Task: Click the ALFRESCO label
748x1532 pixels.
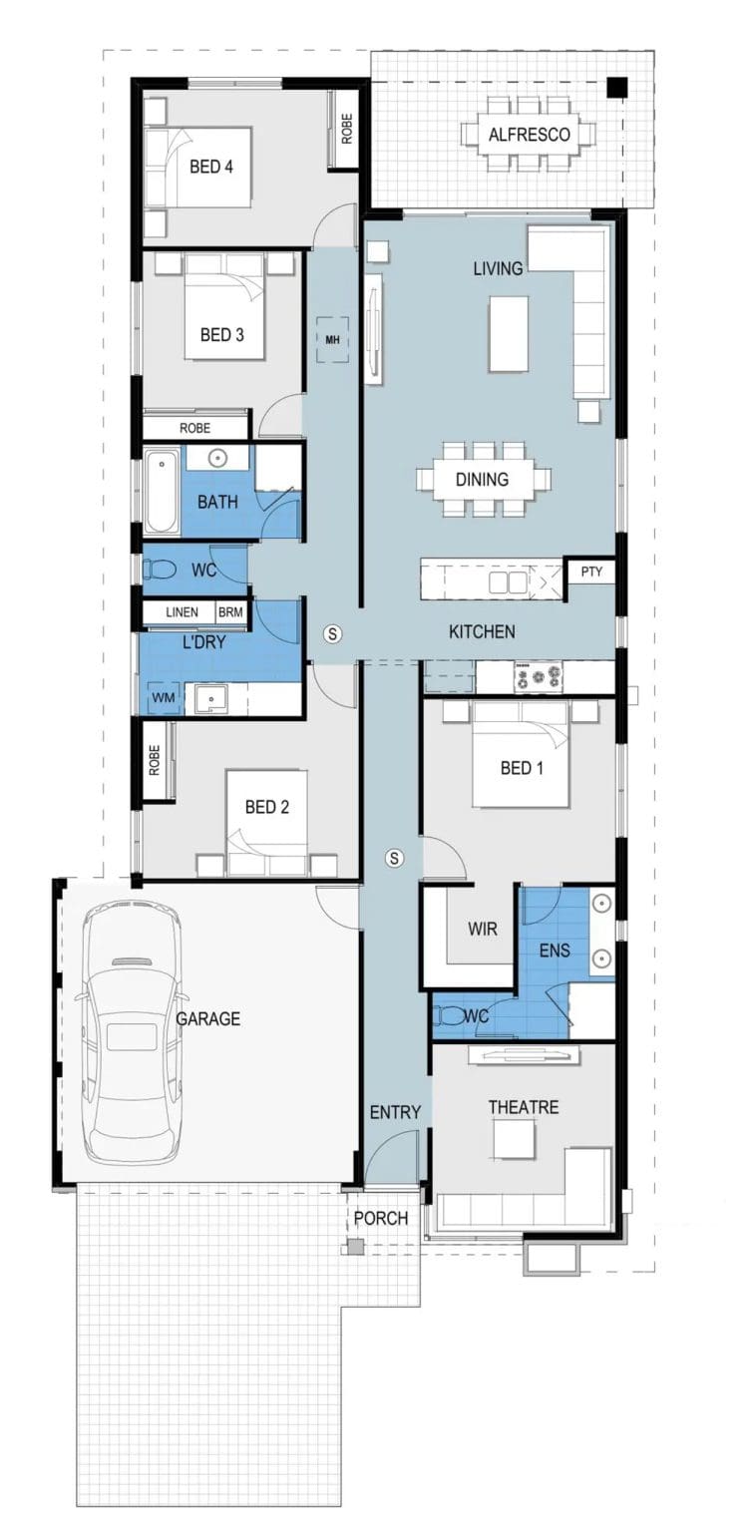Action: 529,134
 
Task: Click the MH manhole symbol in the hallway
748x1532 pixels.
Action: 332,340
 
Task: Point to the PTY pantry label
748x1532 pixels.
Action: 591,572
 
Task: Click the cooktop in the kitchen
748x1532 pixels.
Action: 539,675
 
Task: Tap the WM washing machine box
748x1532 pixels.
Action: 163,697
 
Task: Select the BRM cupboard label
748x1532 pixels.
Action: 230,612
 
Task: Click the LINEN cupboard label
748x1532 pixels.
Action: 182,612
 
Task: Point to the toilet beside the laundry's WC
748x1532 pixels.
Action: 160,569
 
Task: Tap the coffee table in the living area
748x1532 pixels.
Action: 508,334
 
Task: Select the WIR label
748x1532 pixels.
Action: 482,929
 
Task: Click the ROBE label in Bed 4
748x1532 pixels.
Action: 347,129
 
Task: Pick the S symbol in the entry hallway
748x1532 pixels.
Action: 394,857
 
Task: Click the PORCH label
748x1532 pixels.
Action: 381,1218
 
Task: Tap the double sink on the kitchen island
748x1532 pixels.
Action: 508,582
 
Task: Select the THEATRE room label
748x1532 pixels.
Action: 523,1106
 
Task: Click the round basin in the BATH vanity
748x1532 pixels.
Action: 217,458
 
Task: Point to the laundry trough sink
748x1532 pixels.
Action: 210,699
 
